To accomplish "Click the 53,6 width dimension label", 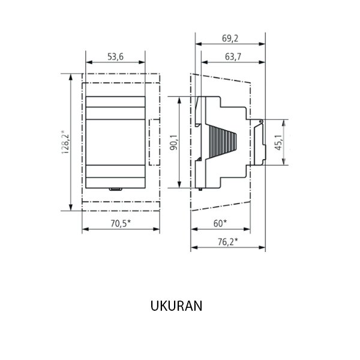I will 115,57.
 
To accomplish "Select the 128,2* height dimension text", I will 65,142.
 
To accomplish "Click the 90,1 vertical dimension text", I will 173,142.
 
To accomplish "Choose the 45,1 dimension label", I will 278,142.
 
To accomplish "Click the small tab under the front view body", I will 115,190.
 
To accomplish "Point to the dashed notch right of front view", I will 154,142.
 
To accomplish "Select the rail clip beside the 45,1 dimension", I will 259,142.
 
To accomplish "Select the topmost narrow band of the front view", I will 115,101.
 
